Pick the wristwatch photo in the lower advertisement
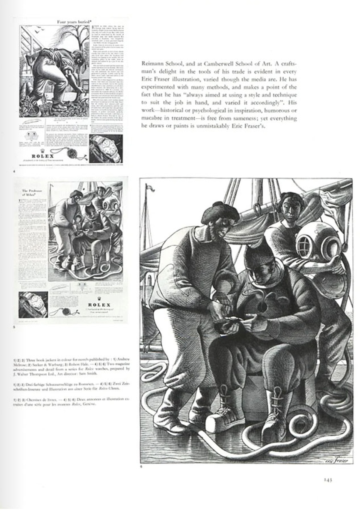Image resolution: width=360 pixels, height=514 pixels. pos(33,304)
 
